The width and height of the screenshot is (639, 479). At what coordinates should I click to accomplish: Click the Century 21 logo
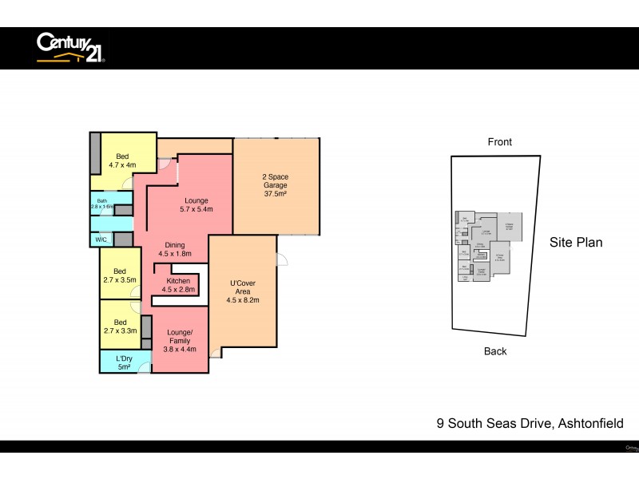[69, 47]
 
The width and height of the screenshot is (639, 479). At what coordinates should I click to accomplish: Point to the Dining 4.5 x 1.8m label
[175, 249]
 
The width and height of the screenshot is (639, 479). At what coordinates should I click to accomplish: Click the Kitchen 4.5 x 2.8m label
[178, 285]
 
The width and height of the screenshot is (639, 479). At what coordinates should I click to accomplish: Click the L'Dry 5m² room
[124, 362]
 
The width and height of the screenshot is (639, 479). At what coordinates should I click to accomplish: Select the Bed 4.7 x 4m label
[122, 161]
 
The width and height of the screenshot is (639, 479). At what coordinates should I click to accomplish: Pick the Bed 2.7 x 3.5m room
[120, 275]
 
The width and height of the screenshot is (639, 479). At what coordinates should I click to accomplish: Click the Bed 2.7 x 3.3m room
[119, 327]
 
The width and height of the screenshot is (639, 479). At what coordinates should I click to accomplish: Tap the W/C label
[101, 239]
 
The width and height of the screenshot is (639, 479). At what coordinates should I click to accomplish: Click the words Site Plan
[576, 243]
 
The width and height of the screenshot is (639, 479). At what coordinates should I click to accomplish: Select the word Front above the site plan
[500, 142]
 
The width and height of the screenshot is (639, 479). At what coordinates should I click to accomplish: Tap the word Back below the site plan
[495, 351]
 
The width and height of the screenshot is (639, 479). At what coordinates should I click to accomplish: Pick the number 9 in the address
[439, 424]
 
